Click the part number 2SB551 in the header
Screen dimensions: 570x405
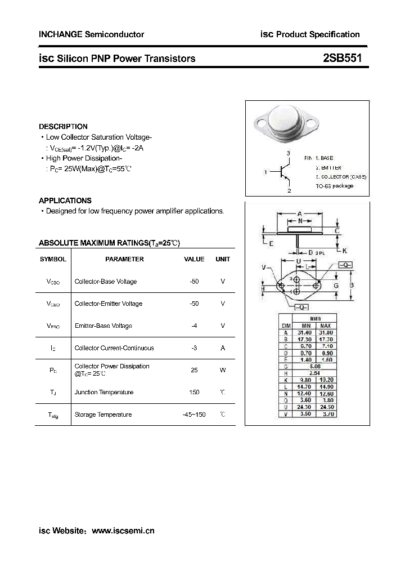pos(345,58)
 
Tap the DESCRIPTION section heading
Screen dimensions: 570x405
pos(63,127)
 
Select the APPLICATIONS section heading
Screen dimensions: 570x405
pos(65,201)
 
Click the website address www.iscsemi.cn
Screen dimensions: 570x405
pos(123,531)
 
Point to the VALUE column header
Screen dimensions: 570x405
pos(194,259)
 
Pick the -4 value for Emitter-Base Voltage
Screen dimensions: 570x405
pos(195,326)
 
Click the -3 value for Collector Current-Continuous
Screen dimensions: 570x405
pos(195,348)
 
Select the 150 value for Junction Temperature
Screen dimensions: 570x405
pos(195,392)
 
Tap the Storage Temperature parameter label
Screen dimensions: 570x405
pos(103,415)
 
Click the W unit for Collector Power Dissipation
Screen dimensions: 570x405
pos(223,370)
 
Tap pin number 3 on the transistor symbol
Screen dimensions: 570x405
pos(288,153)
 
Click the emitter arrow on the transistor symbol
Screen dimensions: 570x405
pos(287,179)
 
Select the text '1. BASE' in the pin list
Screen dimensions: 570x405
pos(324,159)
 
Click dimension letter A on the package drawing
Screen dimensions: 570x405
pos(300,214)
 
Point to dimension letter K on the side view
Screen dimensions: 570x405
pos(344,250)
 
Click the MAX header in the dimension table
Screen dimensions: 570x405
pos(326,326)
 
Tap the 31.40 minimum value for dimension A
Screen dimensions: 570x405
pos(306,333)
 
